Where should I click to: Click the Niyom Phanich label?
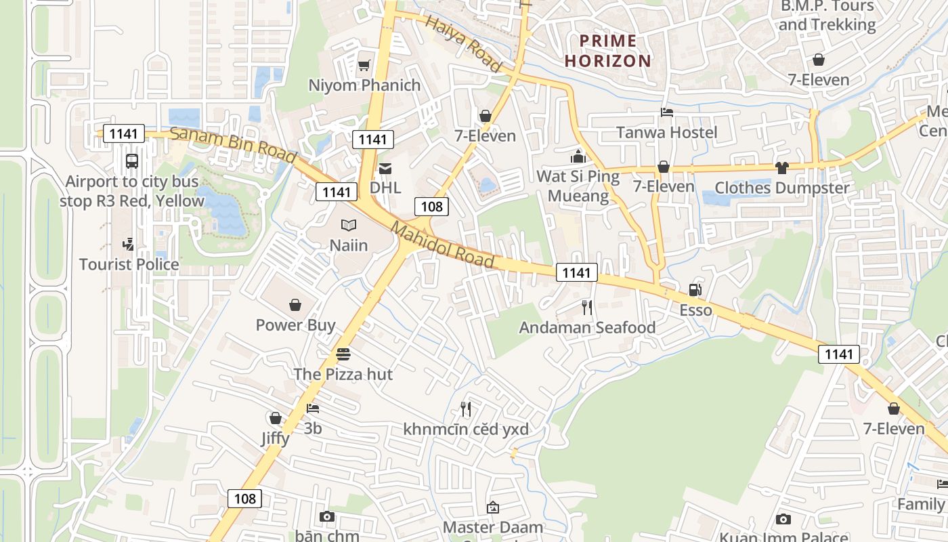364,85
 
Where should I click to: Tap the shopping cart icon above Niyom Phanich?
364,65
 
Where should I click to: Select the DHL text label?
385,188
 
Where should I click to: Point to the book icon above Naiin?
349,225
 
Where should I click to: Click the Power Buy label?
295,325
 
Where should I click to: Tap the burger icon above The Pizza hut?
343,354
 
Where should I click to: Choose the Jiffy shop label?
276,438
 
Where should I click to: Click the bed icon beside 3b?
312,408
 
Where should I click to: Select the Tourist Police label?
129,264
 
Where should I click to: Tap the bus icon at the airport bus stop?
132,161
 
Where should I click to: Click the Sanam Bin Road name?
233,144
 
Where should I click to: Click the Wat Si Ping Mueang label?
578,186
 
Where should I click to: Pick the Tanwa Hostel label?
666,132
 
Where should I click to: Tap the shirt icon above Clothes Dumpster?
782,167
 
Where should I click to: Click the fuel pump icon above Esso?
695,290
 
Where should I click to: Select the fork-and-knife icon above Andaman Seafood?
587,308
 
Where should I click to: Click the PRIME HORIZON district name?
608,51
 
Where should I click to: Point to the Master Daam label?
493,527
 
